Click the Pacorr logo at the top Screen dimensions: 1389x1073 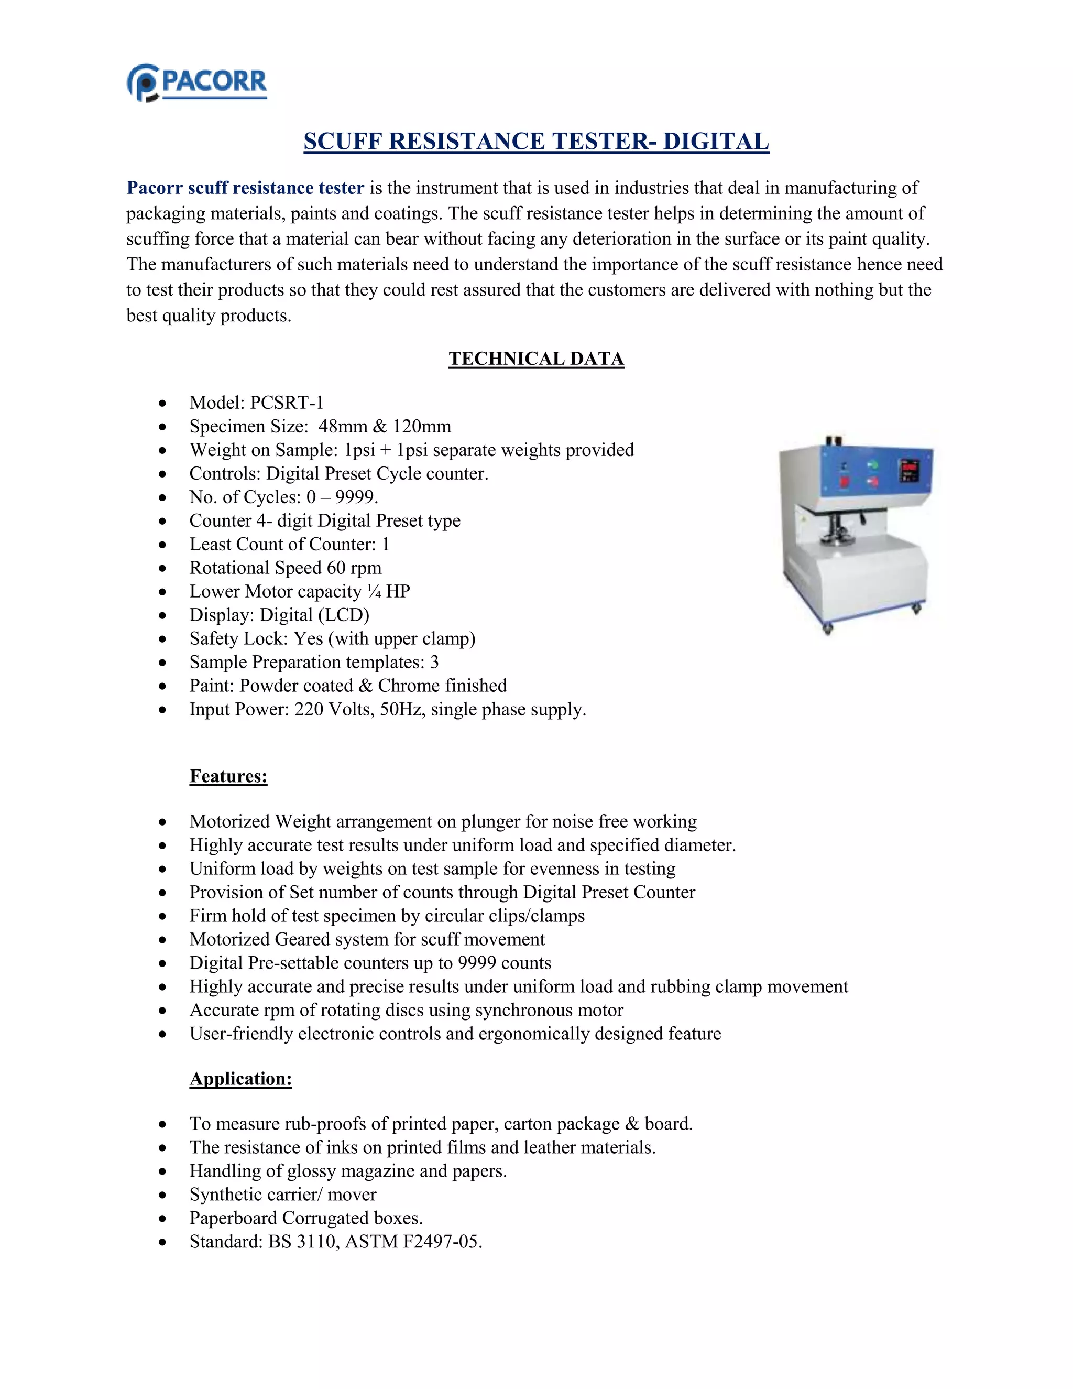coord(197,83)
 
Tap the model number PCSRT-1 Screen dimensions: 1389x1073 coord(287,403)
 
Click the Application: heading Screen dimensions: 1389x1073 coord(240,1079)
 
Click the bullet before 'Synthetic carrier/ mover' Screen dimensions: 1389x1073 coord(163,1195)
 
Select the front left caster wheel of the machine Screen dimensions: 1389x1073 coord(828,629)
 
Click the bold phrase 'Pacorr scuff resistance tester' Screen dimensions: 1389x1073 coord(245,188)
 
